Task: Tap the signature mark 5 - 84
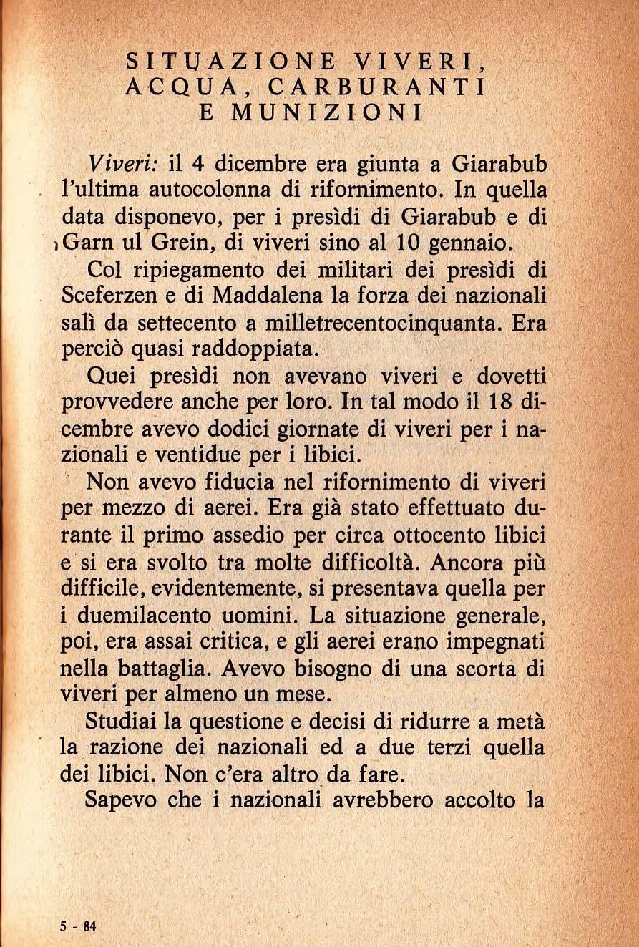pos(78,926)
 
